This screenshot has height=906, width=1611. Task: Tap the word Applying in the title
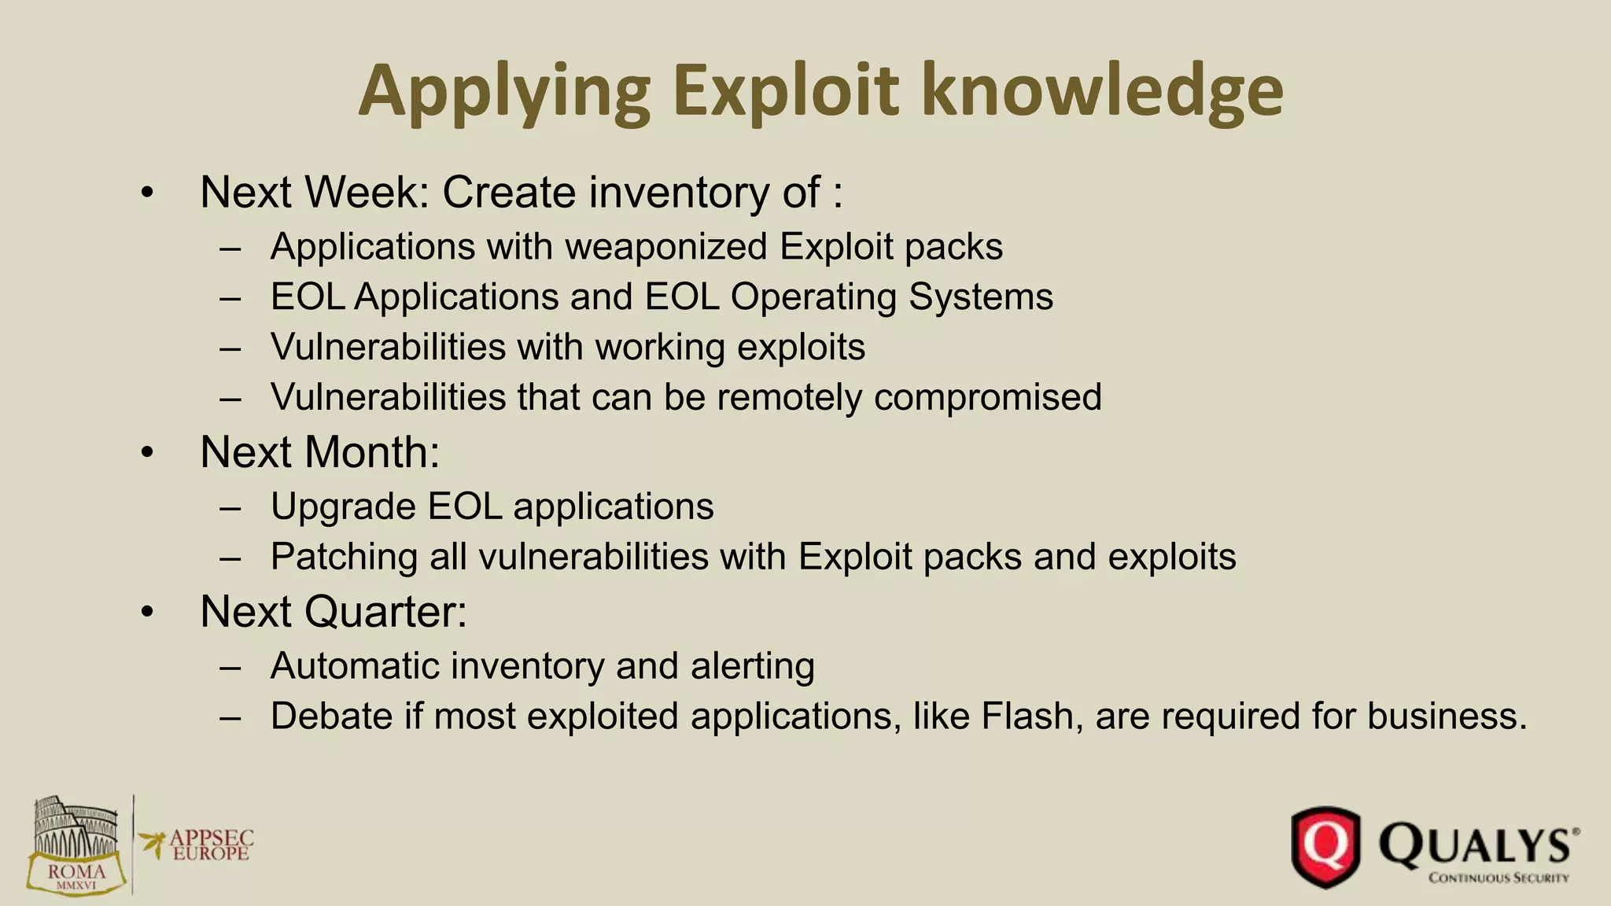point(503,93)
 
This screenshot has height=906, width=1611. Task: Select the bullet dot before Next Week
point(147,193)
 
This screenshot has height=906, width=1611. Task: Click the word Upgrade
point(343,507)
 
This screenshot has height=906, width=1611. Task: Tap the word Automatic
point(359,666)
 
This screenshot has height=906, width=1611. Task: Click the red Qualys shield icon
point(1325,847)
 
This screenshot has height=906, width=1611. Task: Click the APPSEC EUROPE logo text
point(210,845)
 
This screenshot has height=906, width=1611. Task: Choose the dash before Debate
point(230,717)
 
